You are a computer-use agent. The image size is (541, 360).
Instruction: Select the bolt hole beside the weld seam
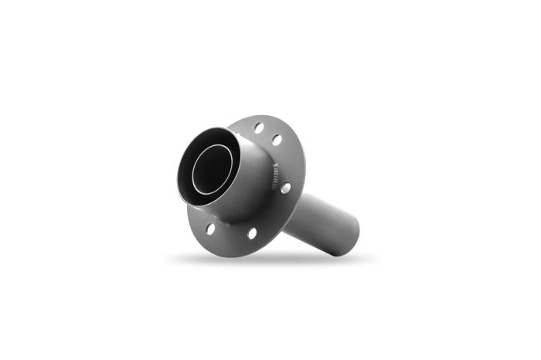pos(285,188)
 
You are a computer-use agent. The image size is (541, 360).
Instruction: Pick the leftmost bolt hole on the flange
pos(210,228)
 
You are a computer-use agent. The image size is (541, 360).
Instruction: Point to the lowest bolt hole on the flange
pos(252,233)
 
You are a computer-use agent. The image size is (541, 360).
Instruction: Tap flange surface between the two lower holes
pos(231,233)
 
